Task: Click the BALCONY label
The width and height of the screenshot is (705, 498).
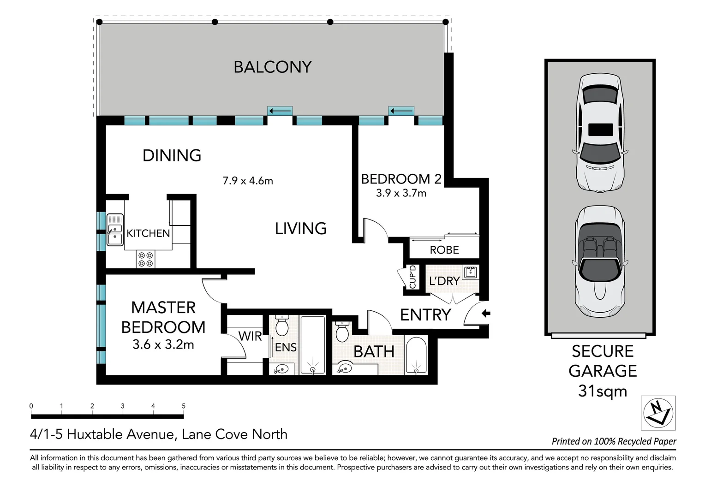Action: (273, 67)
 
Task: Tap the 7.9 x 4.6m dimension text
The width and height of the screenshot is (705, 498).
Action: (248, 181)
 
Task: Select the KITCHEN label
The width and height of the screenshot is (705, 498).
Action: (148, 233)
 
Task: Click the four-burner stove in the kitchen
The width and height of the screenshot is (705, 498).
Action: (146, 259)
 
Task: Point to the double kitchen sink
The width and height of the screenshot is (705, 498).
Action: (115, 230)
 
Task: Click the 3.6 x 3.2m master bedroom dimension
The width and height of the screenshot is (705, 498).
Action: (163, 344)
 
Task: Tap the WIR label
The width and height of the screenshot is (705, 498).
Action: (250, 336)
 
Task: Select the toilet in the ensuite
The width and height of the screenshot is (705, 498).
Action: (281, 326)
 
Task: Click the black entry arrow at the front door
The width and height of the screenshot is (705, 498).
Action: (486, 314)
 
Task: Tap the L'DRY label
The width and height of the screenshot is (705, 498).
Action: (444, 281)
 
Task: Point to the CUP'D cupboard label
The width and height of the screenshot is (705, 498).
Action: (412, 277)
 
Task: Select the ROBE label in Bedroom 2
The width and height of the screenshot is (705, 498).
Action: (444, 250)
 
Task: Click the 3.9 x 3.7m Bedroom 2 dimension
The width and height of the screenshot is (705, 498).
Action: (401, 193)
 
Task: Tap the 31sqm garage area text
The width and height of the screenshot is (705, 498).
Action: (602, 391)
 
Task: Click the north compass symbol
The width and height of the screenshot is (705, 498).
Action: (658, 413)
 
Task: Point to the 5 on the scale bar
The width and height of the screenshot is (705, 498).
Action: (184, 406)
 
